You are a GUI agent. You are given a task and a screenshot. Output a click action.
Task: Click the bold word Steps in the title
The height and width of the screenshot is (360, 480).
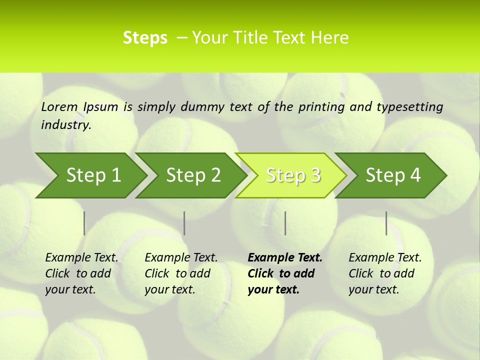click(x=145, y=38)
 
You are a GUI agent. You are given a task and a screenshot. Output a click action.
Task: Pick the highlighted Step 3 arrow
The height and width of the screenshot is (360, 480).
click(x=292, y=175)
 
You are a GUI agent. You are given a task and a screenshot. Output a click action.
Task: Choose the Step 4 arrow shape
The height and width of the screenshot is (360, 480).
click(x=392, y=175)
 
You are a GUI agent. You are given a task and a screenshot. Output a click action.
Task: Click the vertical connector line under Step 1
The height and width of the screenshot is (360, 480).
click(x=84, y=223)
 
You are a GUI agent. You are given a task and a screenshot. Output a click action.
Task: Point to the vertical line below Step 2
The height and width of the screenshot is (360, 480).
click(x=184, y=223)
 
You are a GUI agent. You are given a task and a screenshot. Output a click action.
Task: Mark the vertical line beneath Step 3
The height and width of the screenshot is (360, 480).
click(x=285, y=223)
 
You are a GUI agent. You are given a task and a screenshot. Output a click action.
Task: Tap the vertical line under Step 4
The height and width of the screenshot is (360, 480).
click(x=386, y=223)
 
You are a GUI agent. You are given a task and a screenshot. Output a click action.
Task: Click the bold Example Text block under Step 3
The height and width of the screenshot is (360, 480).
click(x=284, y=273)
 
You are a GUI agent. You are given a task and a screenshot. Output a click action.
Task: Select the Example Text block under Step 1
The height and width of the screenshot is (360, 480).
click(x=81, y=273)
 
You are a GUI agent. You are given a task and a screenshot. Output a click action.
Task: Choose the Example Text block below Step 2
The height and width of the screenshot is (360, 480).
click(x=181, y=273)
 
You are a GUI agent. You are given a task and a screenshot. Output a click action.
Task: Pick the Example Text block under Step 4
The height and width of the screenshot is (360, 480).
click(x=385, y=273)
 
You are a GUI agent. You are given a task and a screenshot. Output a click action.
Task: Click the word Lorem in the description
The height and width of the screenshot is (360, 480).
click(x=59, y=106)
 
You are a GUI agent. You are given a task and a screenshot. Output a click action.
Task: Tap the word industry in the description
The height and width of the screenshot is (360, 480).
click(x=66, y=125)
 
